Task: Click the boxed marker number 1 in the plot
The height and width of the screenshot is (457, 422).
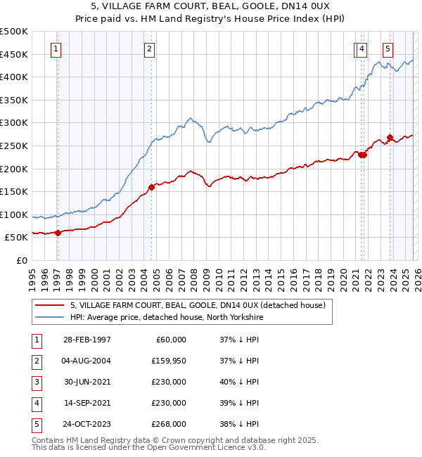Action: click(x=56, y=49)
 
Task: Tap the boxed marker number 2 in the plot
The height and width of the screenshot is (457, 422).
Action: click(x=150, y=49)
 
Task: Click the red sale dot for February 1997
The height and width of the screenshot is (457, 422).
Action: click(x=58, y=233)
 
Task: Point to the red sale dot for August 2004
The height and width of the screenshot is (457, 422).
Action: click(x=151, y=187)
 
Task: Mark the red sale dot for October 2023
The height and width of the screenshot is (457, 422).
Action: click(x=390, y=138)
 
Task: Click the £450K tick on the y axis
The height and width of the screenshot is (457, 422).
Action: click(x=14, y=54)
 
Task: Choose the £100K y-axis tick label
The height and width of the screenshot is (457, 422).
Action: click(x=14, y=214)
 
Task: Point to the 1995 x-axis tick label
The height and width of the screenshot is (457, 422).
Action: click(x=33, y=275)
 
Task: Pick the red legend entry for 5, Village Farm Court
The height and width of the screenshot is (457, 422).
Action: click(x=197, y=306)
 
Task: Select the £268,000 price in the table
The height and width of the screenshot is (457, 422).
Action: click(x=170, y=423)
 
